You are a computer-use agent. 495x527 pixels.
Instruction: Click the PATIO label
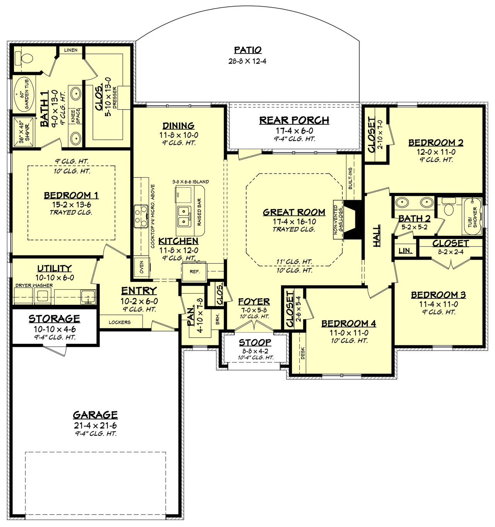coord(247,50)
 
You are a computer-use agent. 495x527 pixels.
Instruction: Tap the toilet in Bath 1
coord(24,58)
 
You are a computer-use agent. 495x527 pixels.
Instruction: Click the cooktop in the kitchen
coord(141,216)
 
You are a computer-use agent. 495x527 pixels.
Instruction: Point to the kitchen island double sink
coord(184,216)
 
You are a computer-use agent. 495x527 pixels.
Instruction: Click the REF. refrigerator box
coord(194,271)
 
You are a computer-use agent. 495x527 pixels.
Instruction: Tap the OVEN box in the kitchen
coord(142,267)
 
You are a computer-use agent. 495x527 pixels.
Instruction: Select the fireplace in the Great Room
coord(353,219)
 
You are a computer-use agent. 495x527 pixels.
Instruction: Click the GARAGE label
coord(95,415)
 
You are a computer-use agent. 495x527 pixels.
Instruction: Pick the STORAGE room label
coord(54,319)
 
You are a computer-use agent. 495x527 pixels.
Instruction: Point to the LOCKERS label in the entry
coord(119,322)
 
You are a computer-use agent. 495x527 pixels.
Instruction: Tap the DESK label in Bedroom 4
coord(303,353)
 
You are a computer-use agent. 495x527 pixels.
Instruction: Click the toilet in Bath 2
coord(449,208)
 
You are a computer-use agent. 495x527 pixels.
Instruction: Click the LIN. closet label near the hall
coord(405,251)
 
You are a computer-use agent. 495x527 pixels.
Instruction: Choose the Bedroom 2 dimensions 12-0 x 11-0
coord(436,152)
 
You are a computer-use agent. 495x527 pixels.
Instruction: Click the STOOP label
coord(254,342)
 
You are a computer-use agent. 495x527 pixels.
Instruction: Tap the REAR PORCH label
coord(294,120)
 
